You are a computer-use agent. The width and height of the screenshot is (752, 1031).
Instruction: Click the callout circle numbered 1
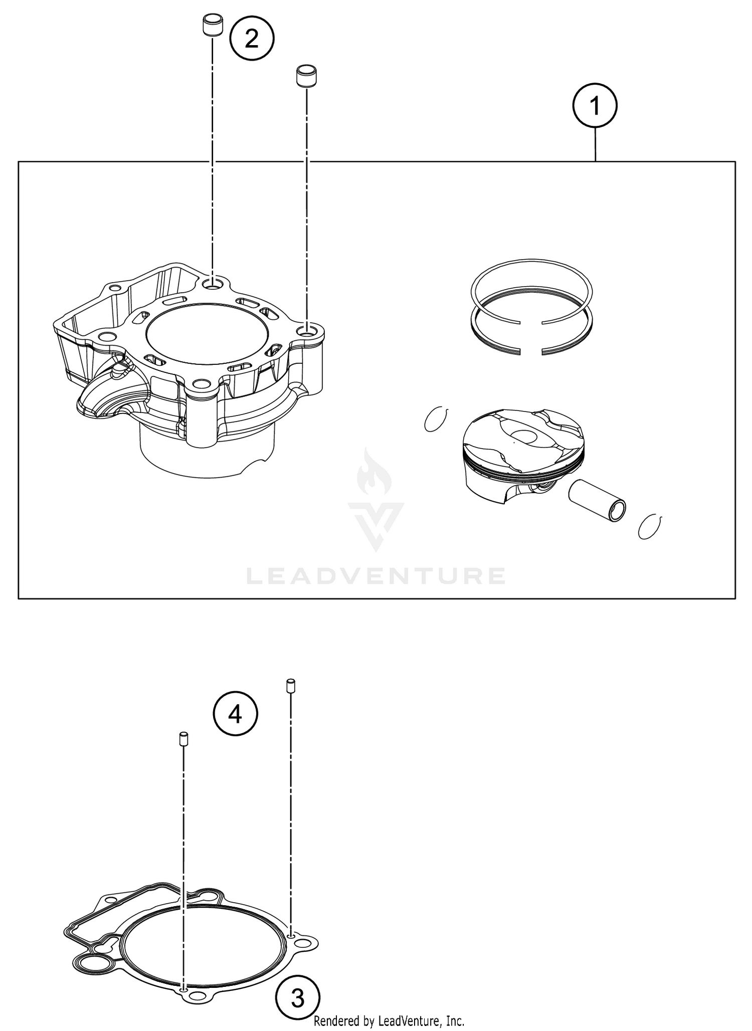(595, 106)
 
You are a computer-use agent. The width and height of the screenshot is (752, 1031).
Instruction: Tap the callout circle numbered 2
(252, 39)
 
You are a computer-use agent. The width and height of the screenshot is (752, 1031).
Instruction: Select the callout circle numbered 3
(298, 997)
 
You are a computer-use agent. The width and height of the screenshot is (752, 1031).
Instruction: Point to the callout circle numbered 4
(235, 714)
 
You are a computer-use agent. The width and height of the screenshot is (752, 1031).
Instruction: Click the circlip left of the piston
(436, 419)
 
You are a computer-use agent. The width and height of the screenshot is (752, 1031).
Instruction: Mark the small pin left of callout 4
(183, 739)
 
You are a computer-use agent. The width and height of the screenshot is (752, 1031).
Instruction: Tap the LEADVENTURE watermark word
(376, 576)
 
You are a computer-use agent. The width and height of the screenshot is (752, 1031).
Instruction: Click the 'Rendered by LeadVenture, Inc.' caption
(389, 1021)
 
